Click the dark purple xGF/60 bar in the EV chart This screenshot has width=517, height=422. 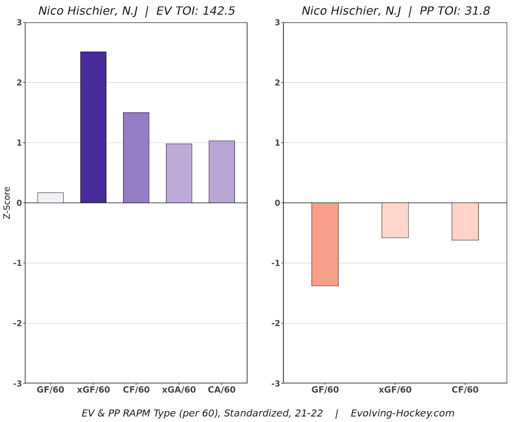tap(93, 127)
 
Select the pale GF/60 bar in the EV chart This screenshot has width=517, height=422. tap(50, 197)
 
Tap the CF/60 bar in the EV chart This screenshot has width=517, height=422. tap(136, 157)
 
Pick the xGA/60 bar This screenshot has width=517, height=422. tap(179, 173)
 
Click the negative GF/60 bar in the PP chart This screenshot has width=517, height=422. tap(325, 244)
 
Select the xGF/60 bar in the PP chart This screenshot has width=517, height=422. tap(395, 220)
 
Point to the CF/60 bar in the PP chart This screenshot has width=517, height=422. tap(465, 221)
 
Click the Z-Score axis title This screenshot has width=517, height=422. tap(7, 203)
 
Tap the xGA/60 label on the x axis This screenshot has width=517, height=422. tap(179, 390)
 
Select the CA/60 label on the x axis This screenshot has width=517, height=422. tap(222, 390)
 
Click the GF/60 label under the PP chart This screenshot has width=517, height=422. tap(325, 390)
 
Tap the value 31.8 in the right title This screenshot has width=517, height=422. tap(478, 11)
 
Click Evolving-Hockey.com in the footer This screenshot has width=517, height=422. tap(402, 413)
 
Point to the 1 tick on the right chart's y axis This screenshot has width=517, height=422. tap(277, 143)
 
